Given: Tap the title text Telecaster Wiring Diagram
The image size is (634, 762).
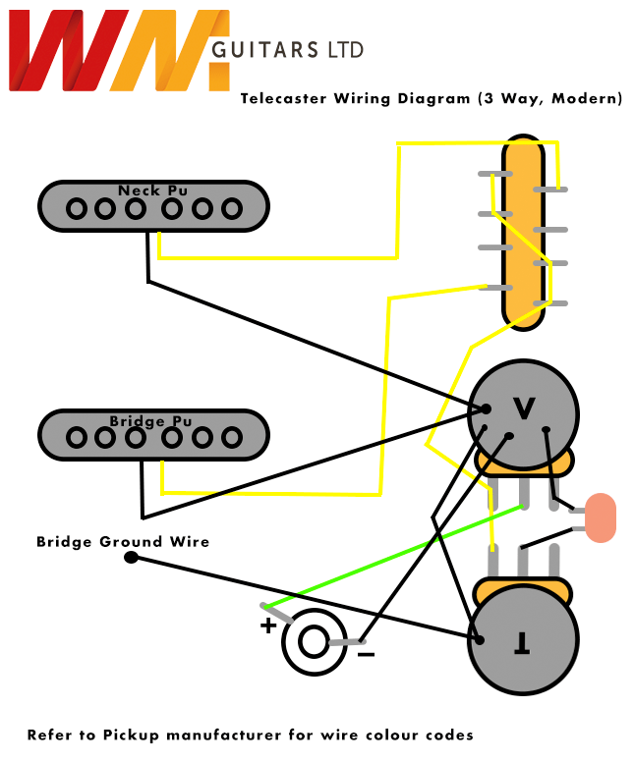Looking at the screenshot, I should coord(356,98).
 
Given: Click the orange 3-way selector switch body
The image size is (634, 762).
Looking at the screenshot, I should coord(523,231).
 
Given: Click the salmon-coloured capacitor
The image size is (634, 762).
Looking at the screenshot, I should coord(600,517).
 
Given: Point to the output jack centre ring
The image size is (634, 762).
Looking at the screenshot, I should coord(314,643).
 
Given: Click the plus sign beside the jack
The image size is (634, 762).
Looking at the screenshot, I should coord(267,626).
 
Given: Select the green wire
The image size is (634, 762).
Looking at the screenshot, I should coord(393,557).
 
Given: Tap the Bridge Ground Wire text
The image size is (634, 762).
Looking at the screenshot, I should coord(123,541).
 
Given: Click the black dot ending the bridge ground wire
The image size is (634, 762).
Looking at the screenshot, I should coord(131,558).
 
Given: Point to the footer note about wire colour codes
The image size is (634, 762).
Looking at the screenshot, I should coord(251,735).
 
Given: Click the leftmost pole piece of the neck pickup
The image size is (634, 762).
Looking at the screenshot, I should coord(76,208).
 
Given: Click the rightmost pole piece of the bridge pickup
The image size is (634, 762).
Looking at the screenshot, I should coord(232,437).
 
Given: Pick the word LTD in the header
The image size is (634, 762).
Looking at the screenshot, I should coord(344,50).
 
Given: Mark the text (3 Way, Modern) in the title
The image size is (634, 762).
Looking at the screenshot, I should coord(549,98).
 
